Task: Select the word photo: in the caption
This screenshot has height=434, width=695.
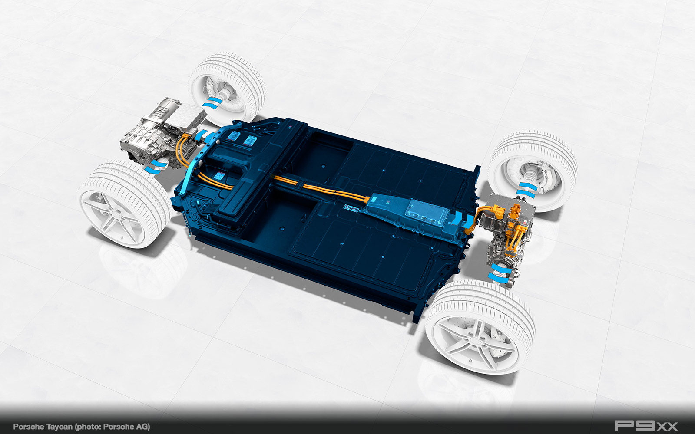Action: (88, 427)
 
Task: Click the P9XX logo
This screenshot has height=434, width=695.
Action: (646, 426)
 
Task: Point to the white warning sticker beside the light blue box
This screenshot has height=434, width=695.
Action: (351, 208)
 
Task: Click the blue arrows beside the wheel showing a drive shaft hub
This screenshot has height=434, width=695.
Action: (527, 190)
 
